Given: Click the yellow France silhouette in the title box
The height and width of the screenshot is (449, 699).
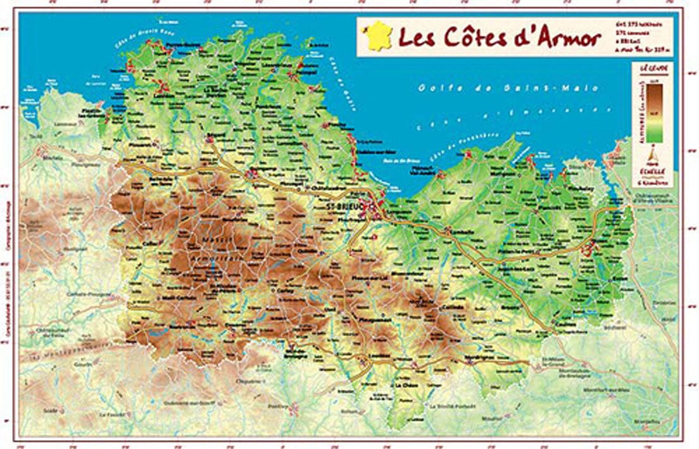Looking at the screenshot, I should tap(378, 36).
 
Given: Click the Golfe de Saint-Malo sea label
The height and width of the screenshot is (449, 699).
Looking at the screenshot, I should tap(508, 88).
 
